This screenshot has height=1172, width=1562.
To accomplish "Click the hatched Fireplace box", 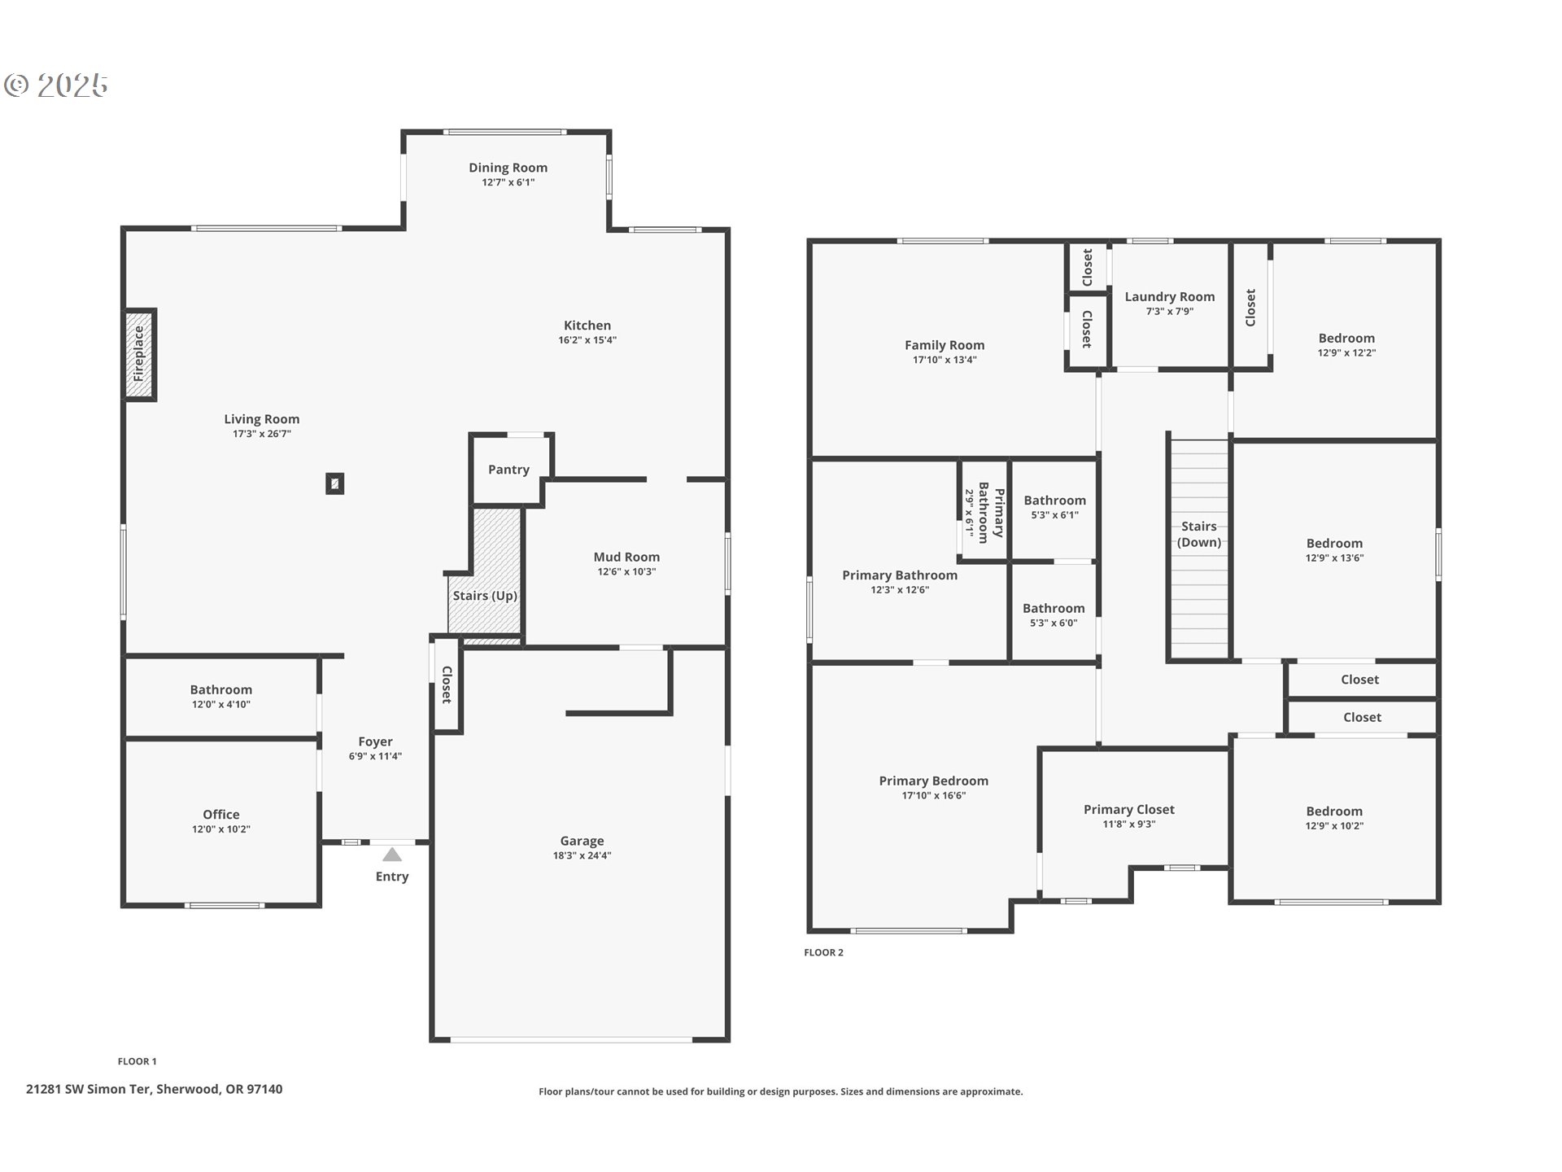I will point(139,354).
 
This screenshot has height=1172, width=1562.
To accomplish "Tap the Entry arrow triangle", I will point(392,855).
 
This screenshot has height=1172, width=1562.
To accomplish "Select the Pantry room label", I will point(508,470).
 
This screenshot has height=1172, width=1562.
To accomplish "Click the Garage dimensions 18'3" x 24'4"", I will point(582,855).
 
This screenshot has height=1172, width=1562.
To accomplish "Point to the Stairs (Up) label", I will point(485,596).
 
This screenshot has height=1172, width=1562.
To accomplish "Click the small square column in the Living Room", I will point(334,483).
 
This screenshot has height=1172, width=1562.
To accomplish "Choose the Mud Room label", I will point(626,557).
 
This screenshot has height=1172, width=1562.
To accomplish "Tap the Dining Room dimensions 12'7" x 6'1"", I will point(508,182).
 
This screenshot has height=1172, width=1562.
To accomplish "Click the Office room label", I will point(221,814).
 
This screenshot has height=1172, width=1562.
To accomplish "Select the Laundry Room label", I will point(1169,296).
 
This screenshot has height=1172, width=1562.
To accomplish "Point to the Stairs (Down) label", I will point(1198,534).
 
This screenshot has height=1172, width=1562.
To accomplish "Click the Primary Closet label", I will point(1128,809).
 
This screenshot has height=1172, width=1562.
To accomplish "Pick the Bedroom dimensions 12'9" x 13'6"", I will point(1334,558).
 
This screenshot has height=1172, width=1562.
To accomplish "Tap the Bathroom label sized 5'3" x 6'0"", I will point(1054,608).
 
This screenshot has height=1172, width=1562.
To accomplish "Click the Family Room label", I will point(944,345).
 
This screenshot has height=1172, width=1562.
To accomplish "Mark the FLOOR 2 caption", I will point(823,952).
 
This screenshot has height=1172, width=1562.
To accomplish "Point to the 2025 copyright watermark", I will point(57,85).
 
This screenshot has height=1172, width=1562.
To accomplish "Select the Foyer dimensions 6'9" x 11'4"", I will point(375,756).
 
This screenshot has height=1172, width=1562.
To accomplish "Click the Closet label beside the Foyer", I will point(447,684).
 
